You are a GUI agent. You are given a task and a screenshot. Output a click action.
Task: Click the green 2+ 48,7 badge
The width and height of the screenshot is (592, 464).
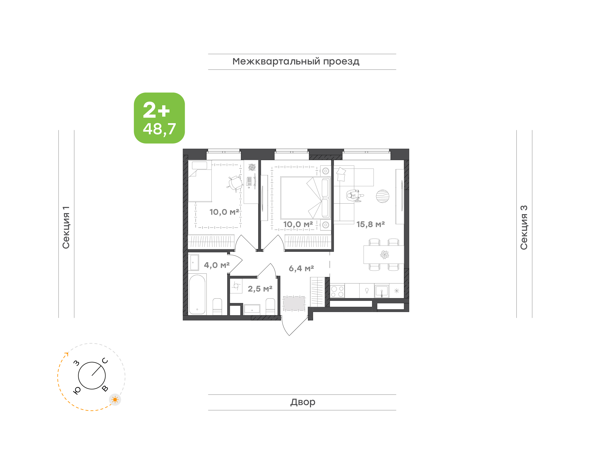pos(159,118)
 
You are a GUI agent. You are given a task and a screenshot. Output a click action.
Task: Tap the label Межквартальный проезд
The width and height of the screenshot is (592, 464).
pos(296,62)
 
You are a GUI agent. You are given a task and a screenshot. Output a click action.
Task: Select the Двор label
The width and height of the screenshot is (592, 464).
pos(303,402)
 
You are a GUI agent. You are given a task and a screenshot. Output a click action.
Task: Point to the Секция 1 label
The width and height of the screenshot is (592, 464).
pos(66,227)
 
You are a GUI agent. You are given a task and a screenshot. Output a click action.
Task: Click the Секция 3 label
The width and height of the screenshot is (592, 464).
pos(524,227)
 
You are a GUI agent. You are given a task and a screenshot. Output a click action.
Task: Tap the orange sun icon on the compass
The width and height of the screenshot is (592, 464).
pos(115,400)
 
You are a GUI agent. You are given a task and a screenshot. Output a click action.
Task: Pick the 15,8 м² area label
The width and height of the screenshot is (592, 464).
pos(370,224)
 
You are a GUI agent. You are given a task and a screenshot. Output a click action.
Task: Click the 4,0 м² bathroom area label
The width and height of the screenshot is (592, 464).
pos(217,265)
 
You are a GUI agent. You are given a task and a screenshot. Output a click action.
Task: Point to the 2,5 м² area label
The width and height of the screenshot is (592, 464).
pos(260,289)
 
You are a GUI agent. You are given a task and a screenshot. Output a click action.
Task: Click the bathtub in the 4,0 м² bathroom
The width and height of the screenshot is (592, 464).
pos(197,294)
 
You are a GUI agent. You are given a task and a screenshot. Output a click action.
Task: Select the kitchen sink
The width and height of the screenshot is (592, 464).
pos(382,291)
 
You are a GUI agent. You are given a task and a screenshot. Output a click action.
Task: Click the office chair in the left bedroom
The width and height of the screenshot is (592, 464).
pos(235,183)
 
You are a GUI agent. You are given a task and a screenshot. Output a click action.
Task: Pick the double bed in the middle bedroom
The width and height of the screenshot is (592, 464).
pos(305,198)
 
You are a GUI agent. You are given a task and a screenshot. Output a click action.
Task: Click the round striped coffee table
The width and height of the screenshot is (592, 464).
pos(382,196)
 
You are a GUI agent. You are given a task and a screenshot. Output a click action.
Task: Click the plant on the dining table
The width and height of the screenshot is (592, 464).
pos(384,255)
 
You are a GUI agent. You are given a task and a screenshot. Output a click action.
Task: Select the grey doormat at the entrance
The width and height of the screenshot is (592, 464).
pos(294,303)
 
